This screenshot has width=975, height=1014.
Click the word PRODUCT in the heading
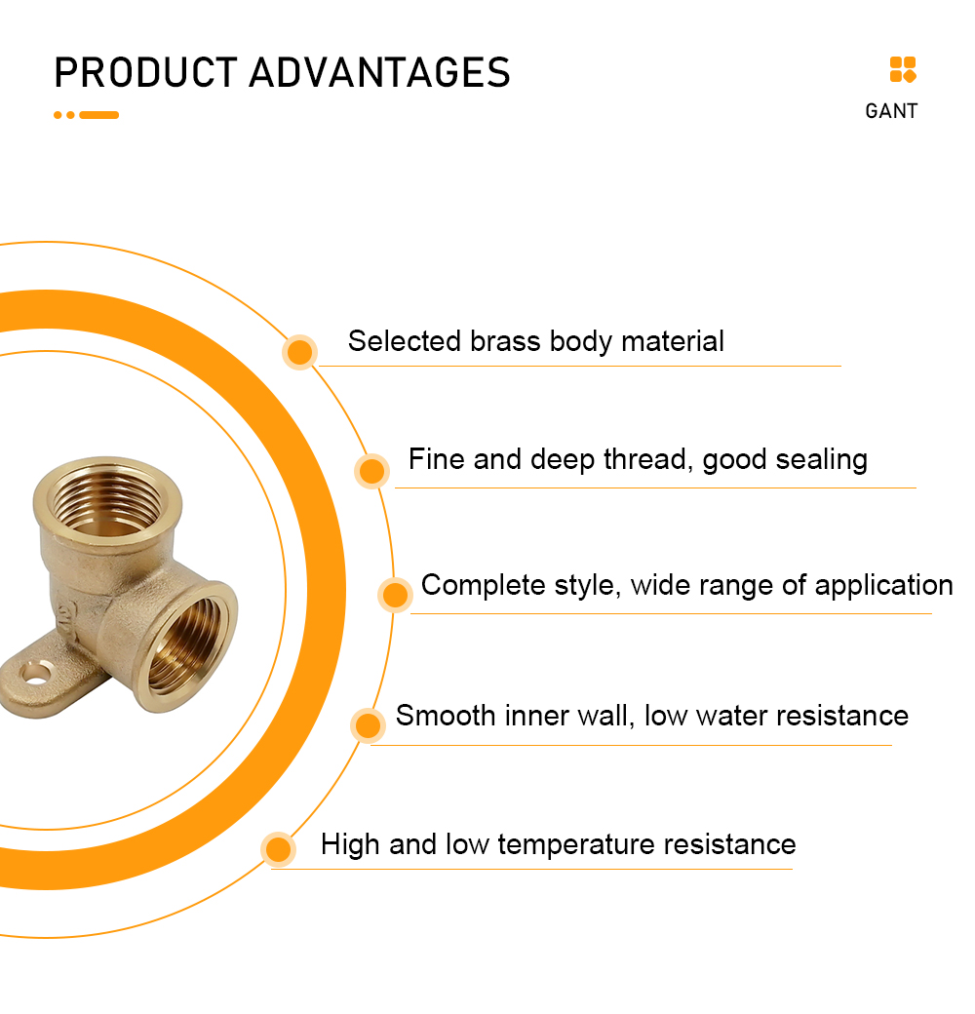click(146, 72)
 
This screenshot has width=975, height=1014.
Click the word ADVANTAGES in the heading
click(380, 72)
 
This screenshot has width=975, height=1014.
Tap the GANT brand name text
click(891, 111)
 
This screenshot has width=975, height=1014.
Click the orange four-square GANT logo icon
click(903, 70)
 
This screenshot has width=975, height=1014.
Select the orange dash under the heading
click(98, 115)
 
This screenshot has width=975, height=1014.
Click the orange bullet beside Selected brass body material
click(299, 352)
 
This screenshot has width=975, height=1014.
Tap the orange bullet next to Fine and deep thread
click(371, 471)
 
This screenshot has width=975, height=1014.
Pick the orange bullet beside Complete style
click(395, 595)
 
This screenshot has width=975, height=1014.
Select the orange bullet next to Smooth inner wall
click(368, 725)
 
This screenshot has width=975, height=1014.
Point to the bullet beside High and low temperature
click(279, 849)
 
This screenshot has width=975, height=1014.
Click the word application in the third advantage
click(883, 586)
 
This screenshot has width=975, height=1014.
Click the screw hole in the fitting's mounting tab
click(35, 674)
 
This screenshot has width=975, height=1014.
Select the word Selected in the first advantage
click(404, 341)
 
